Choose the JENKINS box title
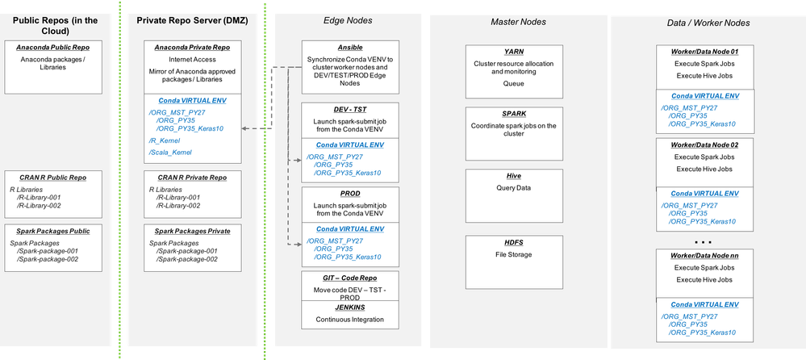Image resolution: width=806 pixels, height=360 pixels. pyautogui.click(x=340, y=308)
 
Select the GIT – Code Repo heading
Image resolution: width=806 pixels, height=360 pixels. pyautogui.click(x=340, y=277)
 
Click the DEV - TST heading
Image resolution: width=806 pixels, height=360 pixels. pyautogui.click(x=340, y=108)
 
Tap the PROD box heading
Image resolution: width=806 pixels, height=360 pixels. pyautogui.click(x=340, y=194)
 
